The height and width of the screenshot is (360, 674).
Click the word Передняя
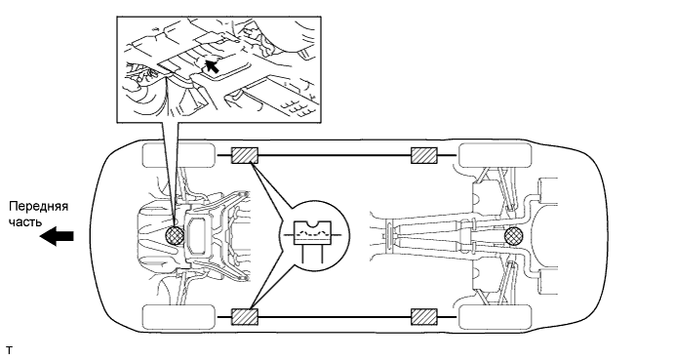point(39,206)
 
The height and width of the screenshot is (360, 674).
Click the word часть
point(26,221)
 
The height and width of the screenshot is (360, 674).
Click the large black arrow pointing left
point(57,236)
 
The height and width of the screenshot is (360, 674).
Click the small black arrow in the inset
point(211,65)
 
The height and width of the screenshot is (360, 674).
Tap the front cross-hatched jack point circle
point(175,236)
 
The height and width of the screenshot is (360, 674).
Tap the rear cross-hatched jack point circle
point(514,236)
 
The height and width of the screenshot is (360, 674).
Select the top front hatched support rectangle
point(245,155)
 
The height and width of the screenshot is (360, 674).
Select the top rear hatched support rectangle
point(424,155)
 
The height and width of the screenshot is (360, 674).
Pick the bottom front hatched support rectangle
point(245,317)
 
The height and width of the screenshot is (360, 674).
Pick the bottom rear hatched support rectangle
point(424,317)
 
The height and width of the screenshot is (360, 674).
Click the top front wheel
point(178,155)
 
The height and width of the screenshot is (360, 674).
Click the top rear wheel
point(496,155)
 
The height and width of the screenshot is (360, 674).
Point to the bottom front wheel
point(178,317)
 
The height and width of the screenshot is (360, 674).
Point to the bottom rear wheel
point(496,317)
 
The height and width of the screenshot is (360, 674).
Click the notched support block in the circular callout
point(312,233)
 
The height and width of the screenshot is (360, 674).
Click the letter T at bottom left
point(10,350)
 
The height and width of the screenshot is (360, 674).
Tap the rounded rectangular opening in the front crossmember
point(197,236)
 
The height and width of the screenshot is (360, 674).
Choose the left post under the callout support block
point(302,254)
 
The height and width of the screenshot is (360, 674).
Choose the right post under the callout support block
point(323,254)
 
